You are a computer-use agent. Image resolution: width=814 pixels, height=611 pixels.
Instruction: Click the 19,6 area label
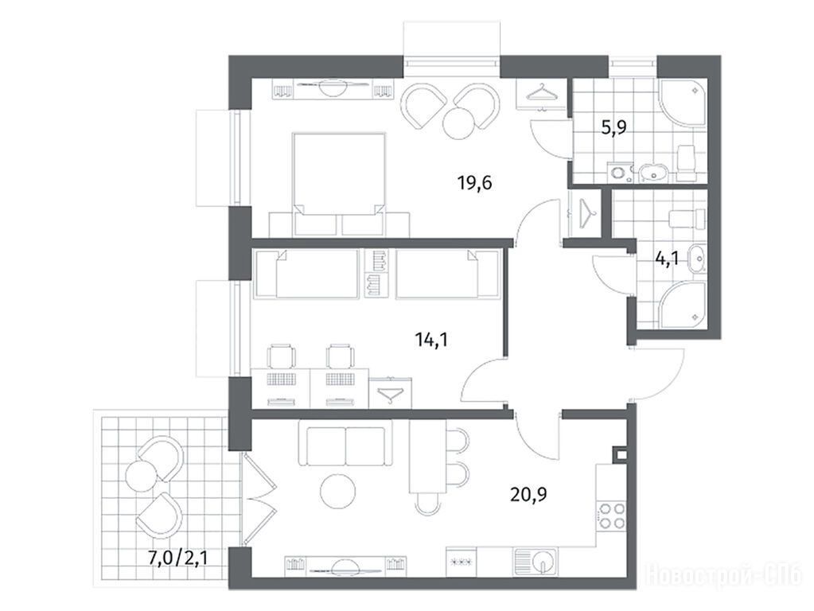point(474,183)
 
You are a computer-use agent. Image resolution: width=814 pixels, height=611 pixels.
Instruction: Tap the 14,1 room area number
point(431,340)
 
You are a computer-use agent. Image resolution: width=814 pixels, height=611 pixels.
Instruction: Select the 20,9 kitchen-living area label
point(528,495)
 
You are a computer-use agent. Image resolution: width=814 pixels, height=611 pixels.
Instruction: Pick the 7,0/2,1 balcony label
point(178,558)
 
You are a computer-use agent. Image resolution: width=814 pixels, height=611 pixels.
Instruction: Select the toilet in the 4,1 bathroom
point(688,220)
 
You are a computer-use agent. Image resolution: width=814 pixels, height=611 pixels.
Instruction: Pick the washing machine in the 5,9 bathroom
point(617,173)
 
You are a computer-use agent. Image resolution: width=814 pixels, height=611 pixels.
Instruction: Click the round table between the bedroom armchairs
point(459,123)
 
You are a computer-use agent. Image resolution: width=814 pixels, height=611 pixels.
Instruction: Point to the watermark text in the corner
point(723,576)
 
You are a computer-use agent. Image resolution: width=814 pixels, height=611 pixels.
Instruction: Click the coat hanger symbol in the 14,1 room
point(392,395)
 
